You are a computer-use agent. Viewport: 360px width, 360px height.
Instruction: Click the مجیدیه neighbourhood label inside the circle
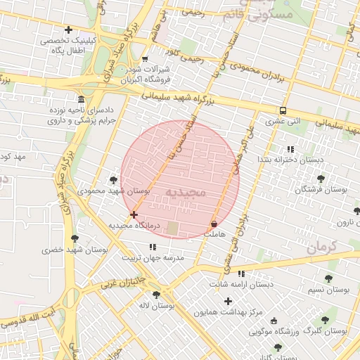(x=186, y=191)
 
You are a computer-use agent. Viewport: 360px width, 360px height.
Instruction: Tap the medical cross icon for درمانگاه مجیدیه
(x=134, y=214)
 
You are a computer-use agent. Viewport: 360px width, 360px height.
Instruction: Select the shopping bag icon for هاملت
(x=213, y=224)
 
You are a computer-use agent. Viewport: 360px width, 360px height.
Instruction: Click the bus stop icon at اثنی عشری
(x=283, y=110)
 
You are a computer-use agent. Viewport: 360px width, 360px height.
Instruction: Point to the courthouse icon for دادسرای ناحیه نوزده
(x=82, y=99)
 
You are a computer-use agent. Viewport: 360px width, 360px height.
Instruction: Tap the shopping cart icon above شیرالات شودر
(x=145, y=59)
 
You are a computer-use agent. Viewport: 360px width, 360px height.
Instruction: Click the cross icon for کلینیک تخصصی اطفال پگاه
(x=68, y=30)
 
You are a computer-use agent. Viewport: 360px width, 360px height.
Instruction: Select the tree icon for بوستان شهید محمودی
(x=113, y=180)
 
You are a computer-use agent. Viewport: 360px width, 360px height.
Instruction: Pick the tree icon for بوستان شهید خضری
(x=75, y=238)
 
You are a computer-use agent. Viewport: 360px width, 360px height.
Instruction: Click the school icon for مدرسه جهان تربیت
(x=153, y=247)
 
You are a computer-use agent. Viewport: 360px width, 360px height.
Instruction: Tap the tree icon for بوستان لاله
(x=155, y=295)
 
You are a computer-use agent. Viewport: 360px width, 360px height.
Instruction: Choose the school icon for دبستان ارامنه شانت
(x=242, y=274)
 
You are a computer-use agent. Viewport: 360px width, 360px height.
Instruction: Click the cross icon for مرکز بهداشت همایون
(x=228, y=301)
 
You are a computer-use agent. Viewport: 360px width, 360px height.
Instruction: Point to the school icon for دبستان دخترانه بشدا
(x=290, y=149)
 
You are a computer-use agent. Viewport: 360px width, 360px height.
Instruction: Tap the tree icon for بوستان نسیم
(x=327, y=278)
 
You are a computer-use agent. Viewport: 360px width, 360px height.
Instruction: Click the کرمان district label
(x=323, y=247)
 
